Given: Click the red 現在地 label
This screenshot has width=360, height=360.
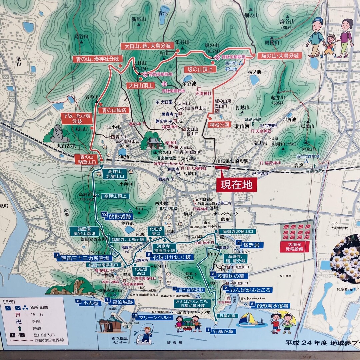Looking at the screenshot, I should click(237, 184).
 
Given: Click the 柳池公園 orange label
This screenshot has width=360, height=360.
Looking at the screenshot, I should click(220, 124).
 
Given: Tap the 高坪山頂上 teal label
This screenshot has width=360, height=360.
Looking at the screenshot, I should click(115, 196).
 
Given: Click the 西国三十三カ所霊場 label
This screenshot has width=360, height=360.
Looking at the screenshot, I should click(85, 258).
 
